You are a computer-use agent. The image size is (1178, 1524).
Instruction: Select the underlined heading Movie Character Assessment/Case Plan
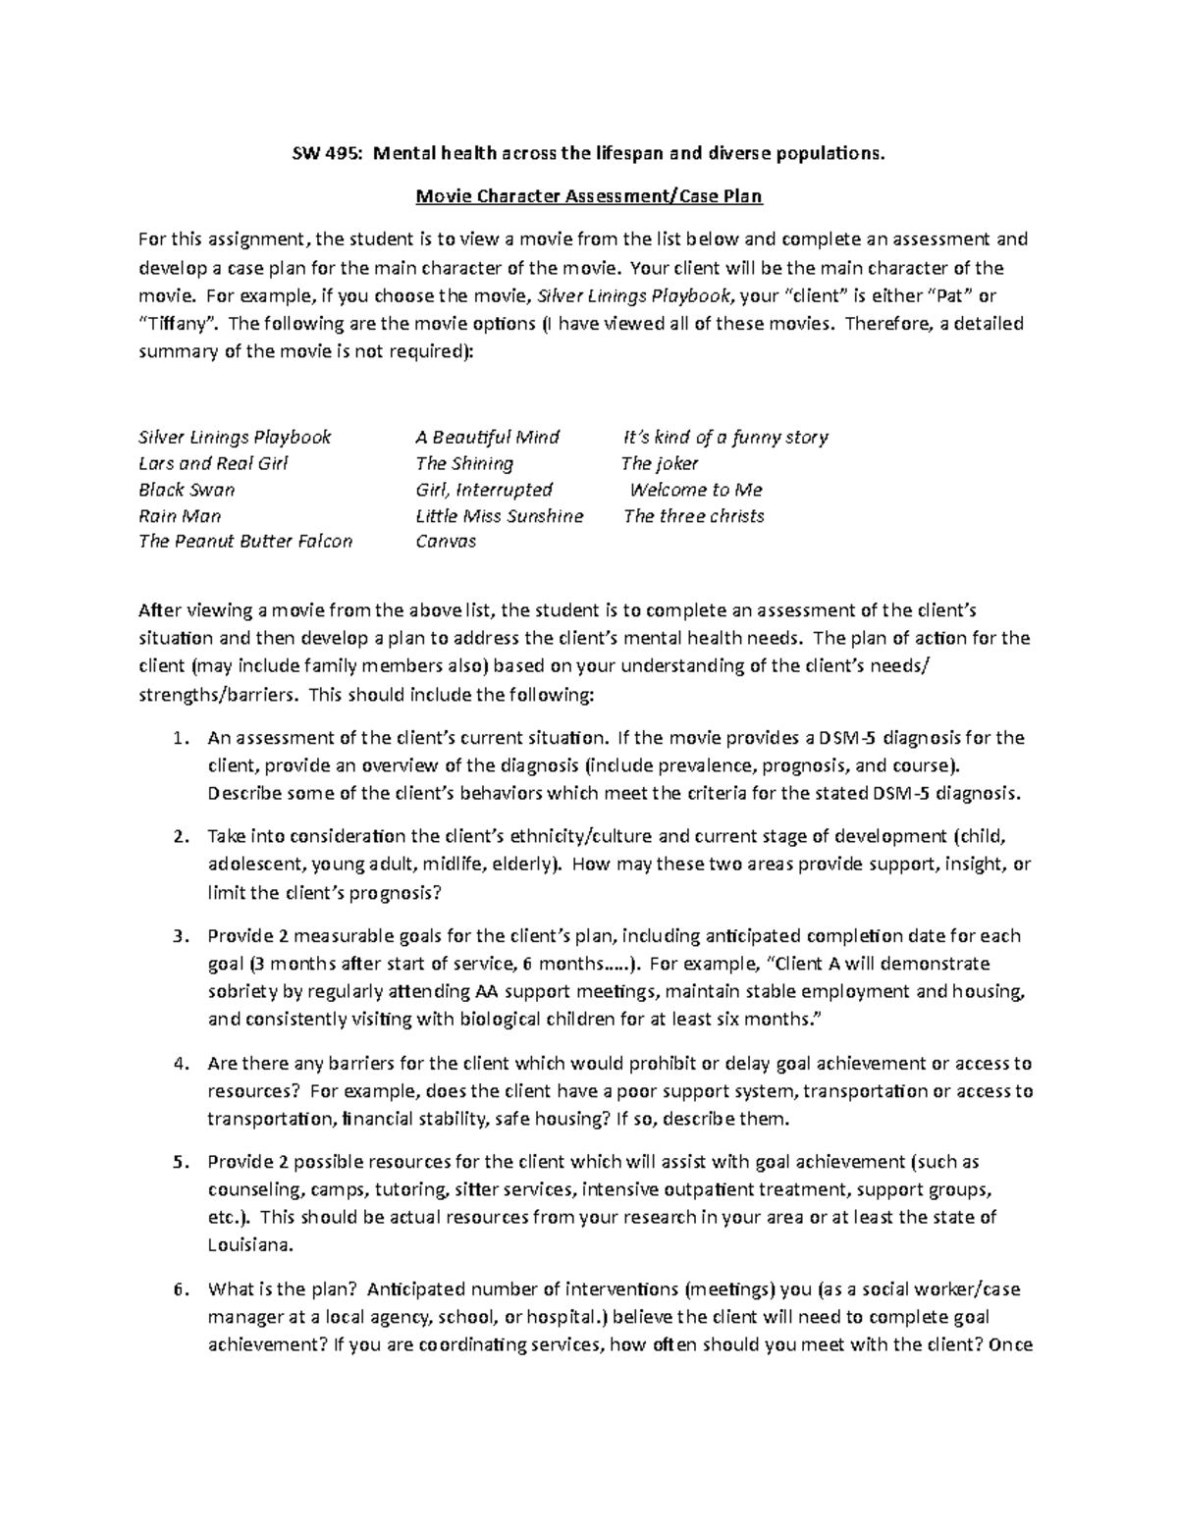(x=589, y=195)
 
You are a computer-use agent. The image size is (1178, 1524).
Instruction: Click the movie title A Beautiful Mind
(x=487, y=437)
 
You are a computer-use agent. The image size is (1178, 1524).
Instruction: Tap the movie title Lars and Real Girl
(x=213, y=463)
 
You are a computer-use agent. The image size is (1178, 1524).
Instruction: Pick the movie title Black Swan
(x=187, y=490)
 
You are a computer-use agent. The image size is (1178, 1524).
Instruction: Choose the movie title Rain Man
(x=180, y=516)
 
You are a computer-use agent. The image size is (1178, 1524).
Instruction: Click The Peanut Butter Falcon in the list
(x=245, y=542)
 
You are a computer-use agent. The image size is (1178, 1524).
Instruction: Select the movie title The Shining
(x=464, y=463)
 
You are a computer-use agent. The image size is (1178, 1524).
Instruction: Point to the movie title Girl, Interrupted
(x=484, y=490)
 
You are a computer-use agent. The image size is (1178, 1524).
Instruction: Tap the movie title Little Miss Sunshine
(x=499, y=516)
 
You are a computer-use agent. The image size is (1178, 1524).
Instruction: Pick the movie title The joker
(x=660, y=463)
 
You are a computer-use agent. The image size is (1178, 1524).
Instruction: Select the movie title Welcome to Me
(x=695, y=490)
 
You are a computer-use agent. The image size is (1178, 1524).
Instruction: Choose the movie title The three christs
(x=693, y=516)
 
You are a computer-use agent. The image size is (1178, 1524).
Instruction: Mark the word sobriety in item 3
(x=241, y=991)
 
